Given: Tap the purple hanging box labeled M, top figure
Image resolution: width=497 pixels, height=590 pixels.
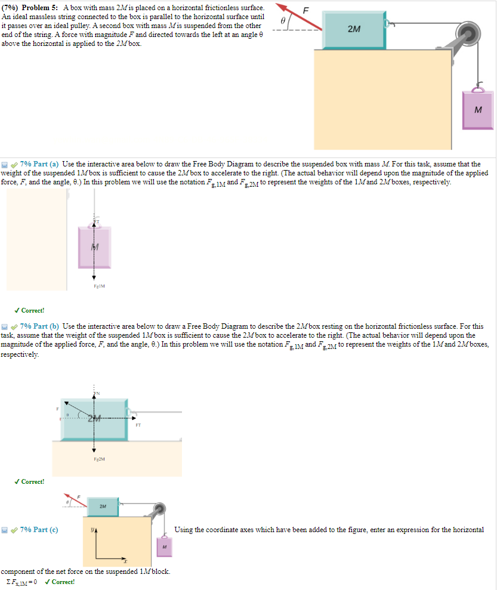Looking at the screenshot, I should [477, 109].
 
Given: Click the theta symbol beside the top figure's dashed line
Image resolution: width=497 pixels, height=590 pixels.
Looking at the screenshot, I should [284, 20].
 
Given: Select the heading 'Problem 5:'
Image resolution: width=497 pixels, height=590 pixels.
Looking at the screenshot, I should [41, 6].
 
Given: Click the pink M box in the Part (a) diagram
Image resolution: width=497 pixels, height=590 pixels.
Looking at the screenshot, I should [94, 247].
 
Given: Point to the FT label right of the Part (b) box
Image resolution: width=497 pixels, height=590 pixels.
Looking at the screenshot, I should [138, 425].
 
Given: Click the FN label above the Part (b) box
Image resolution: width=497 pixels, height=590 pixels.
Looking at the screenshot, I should [95, 394].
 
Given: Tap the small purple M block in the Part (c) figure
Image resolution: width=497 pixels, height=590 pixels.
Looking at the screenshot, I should [163, 546].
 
